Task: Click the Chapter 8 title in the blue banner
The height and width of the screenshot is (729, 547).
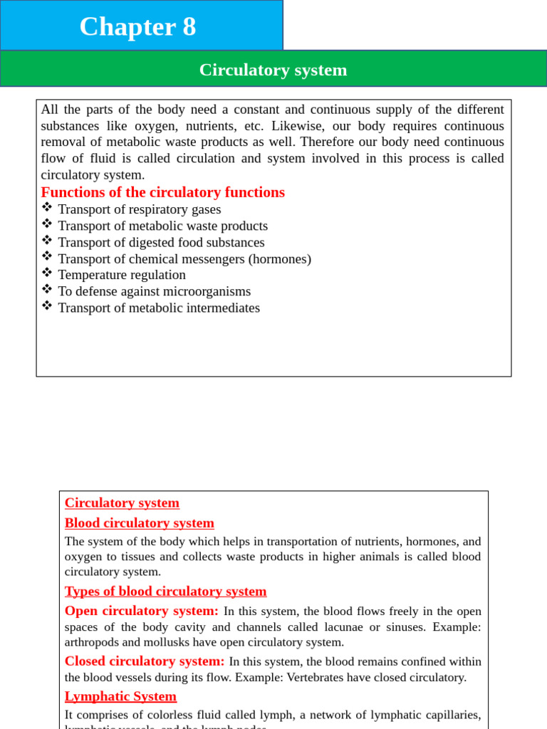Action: [137, 27]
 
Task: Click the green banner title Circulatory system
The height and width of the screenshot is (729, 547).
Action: [273, 70]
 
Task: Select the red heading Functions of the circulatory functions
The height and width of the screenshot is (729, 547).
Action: [162, 192]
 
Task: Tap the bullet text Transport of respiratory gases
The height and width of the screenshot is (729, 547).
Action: [139, 209]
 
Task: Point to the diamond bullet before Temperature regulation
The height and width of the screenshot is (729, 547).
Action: [47, 273]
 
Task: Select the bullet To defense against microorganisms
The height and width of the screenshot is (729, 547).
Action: [154, 291]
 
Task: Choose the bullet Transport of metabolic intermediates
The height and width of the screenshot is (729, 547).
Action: [158, 308]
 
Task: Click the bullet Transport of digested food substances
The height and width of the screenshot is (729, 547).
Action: [161, 242]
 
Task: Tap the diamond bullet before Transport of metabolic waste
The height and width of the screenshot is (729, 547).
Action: [47, 224]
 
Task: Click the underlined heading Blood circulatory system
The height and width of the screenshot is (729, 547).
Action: [139, 523]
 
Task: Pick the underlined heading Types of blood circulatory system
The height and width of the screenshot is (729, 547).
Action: [165, 592]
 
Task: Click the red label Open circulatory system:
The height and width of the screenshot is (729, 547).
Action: [141, 611]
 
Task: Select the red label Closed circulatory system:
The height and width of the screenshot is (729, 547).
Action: [144, 661]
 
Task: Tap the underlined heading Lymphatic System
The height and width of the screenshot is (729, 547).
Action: [120, 696]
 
